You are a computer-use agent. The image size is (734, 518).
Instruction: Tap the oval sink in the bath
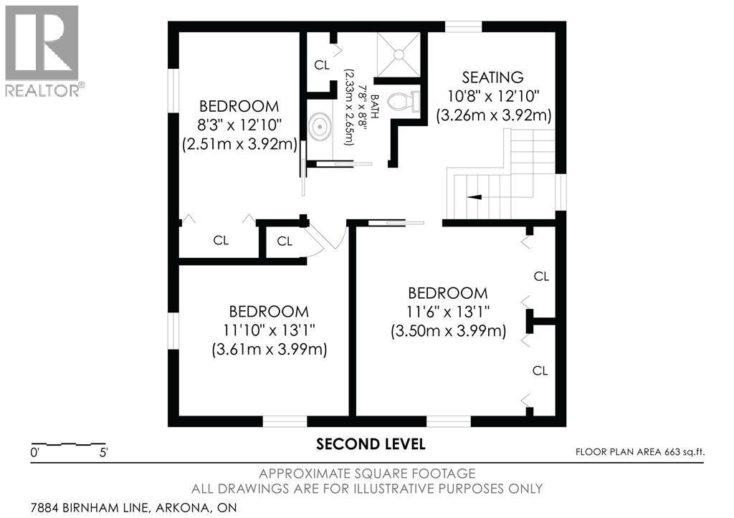[320, 128]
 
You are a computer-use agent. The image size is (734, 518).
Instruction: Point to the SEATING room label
[492, 77]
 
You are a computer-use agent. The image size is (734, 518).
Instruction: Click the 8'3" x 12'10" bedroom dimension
[239, 125]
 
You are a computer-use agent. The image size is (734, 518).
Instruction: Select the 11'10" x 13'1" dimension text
[269, 331]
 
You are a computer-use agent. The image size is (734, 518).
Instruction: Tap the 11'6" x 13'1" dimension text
[448, 312]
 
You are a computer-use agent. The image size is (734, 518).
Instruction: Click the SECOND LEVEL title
[371, 444]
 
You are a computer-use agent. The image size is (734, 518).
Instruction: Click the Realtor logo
[42, 50]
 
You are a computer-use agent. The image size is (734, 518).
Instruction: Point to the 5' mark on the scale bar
[103, 453]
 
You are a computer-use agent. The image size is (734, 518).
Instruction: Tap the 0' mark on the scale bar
[34, 453]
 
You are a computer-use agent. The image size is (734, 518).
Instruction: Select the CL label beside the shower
[322, 65]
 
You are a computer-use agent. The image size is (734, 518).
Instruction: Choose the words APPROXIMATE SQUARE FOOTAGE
[366, 474]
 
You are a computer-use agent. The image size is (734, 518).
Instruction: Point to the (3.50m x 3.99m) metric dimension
[448, 332]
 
